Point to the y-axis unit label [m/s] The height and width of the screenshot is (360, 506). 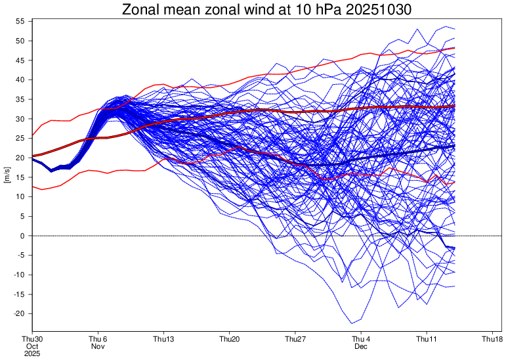[x=7, y=177]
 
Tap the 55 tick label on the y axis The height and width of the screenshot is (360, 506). [x=20, y=22]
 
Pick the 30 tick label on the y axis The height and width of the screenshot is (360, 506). [x=20, y=119]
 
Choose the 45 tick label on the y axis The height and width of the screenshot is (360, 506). [x=20, y=60]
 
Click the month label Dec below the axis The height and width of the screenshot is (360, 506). [x=361, y=346]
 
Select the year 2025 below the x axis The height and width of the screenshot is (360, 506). [x=32, y=353]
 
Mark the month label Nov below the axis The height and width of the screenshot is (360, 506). [x=98, y=346]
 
